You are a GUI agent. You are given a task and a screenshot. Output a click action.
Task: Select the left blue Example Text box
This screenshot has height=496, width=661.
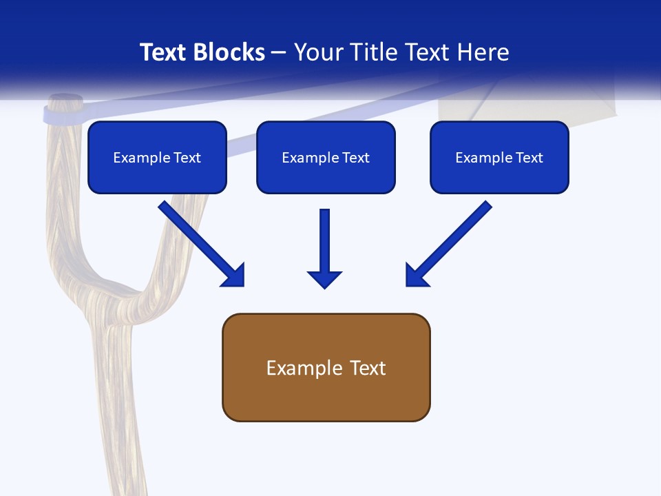click(x=157, y=157)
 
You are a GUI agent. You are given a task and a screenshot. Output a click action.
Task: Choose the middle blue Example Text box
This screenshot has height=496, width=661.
click(x=326, y=157)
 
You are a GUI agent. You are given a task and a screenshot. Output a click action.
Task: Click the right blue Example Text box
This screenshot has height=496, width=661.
click(x=499, y=157)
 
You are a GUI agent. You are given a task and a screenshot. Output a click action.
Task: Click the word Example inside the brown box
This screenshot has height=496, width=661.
click(x=295, y=368)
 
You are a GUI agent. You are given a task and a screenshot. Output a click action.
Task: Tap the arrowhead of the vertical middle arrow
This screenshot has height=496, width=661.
click(x=324, y=279)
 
